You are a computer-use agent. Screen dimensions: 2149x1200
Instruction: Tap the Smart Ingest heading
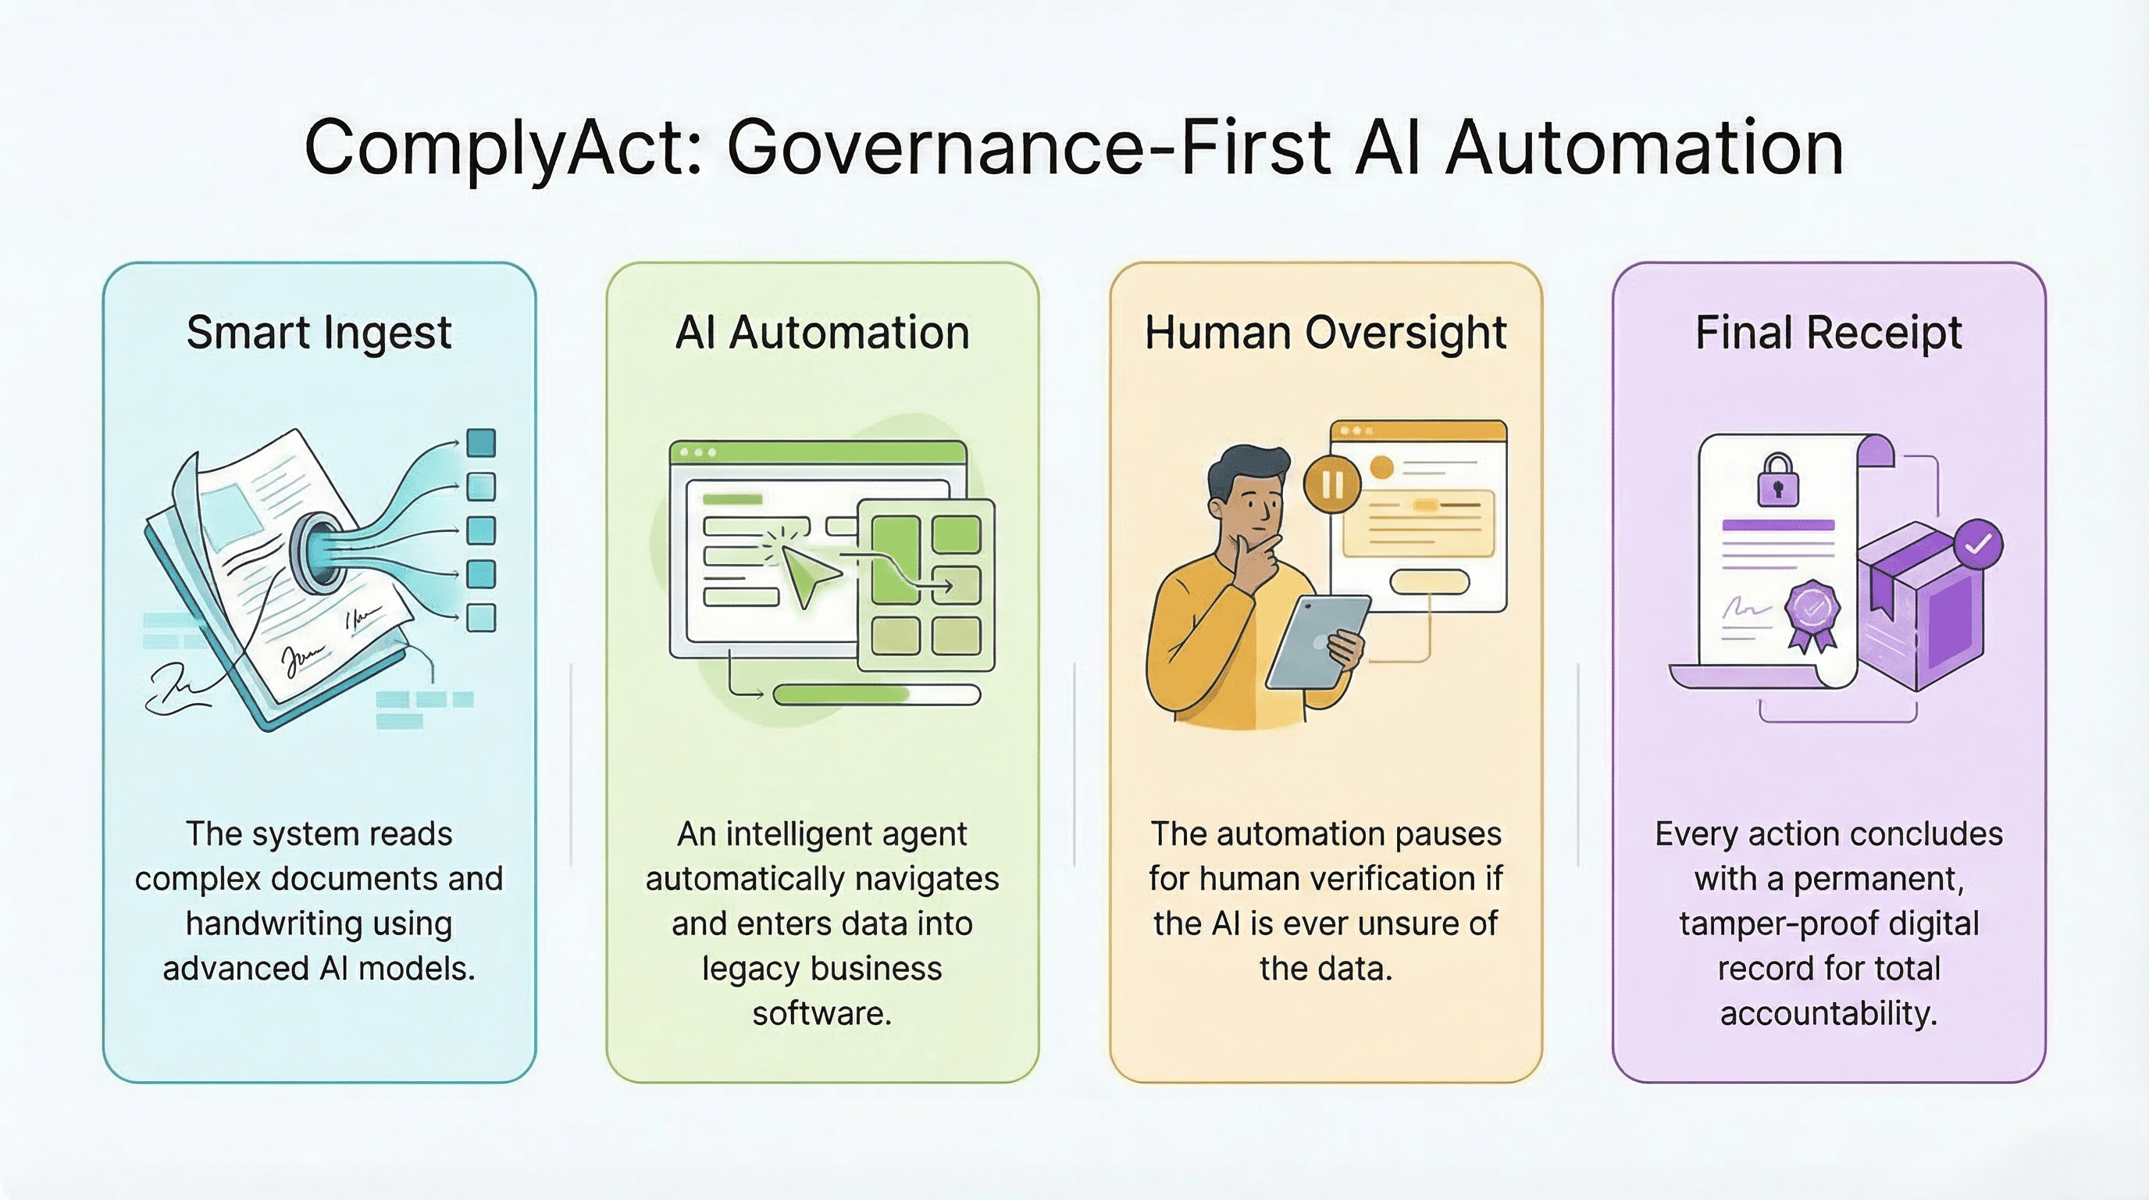319,333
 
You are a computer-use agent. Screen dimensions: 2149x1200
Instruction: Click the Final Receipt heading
1829,333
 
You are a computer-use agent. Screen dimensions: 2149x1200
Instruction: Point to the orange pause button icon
1332,484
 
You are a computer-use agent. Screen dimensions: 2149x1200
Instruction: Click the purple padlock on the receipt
1778,480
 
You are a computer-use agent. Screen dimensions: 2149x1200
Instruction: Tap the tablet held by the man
1317,642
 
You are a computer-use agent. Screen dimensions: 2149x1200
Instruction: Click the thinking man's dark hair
1246,473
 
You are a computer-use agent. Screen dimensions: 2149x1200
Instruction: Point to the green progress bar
876,695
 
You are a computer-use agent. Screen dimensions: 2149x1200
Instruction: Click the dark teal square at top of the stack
481,442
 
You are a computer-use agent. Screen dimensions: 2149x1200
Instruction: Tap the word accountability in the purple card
1829,1014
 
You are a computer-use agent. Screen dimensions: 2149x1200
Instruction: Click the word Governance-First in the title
1028,148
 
